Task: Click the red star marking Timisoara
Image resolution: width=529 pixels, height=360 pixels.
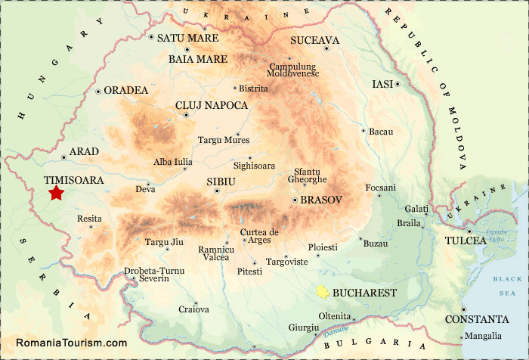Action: (56, 194)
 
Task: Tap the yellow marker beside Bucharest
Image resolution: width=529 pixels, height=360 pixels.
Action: (323, 292)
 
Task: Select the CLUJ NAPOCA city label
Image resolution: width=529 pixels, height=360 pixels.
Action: (211, 106)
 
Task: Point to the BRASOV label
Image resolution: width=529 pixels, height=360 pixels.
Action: (321, 200)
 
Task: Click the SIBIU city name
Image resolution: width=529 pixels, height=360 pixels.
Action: (221, 182)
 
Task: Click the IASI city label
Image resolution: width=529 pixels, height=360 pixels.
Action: (383, 84)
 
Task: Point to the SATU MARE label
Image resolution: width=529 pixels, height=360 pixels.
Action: (187, 38)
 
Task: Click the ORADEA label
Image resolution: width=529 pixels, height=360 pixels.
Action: (126, 90)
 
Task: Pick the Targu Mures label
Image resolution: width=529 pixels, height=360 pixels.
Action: (224, 140)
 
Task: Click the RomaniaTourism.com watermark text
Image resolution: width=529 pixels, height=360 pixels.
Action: (72, 343)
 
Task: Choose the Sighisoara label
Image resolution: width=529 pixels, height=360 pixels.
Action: (255, 165)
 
